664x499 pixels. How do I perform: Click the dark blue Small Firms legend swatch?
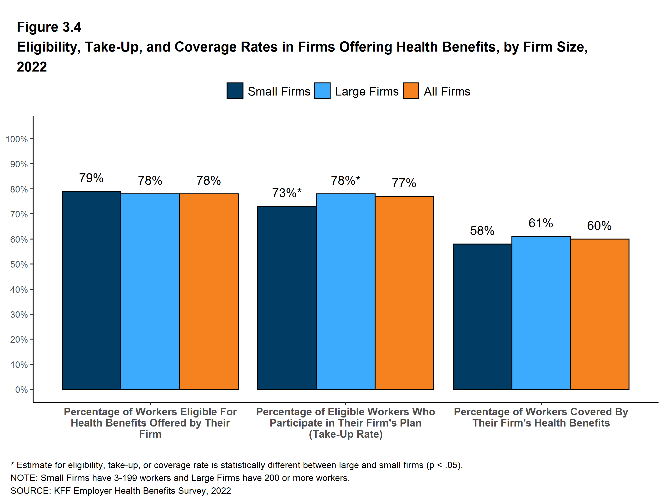[235, 91]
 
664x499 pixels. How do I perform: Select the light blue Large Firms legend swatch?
[322, 91]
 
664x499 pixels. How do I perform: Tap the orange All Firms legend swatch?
[411, 91]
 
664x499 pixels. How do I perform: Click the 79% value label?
[91, 178]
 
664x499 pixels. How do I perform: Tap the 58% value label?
[482, 230]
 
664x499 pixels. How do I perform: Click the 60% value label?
[599, 226]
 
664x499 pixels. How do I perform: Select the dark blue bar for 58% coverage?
[482, 316]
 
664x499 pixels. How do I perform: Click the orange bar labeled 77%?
[404, 293]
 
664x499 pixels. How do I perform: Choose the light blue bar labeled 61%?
[541, 312]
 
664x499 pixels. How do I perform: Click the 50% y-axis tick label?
[19, 264]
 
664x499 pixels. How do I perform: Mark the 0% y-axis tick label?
[21, 390]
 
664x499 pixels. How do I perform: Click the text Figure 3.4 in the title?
[49, 27]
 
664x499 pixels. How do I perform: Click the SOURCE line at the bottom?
[121, 491]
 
